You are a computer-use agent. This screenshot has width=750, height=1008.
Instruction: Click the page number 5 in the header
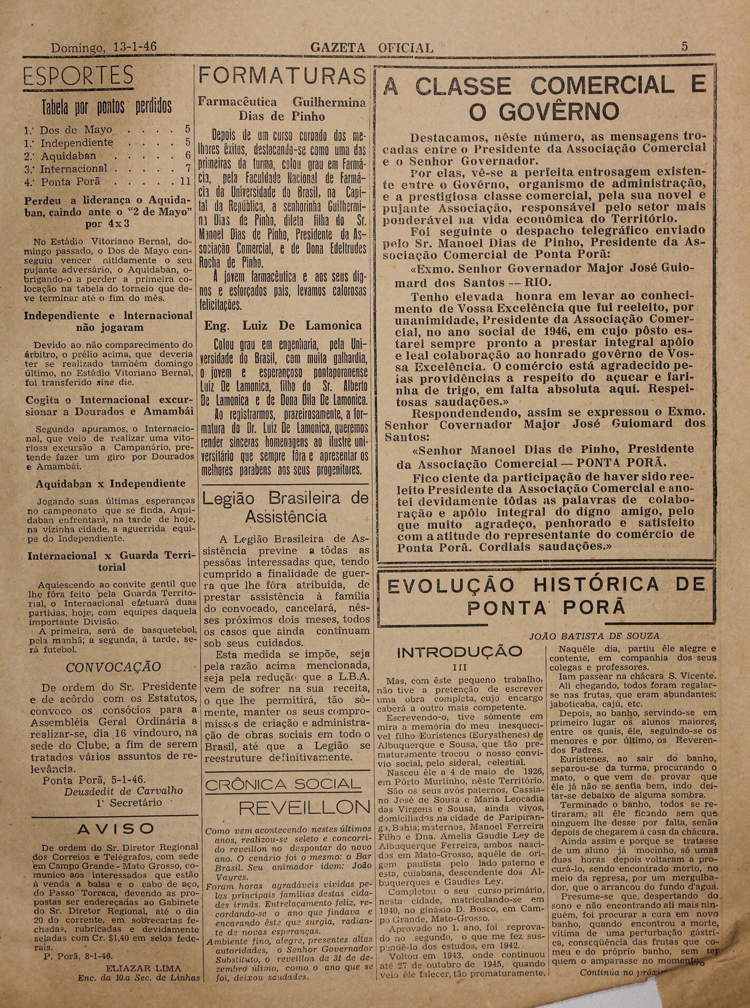tap(685, 46)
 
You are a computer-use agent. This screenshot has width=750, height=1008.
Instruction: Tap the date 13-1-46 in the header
tap(134, 47)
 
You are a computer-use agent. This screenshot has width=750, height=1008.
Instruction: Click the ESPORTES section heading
tap(78, 76)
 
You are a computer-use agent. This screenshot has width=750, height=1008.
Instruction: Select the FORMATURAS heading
tap(283, 77)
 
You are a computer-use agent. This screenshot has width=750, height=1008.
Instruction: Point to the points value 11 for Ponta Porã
tap(185, 182)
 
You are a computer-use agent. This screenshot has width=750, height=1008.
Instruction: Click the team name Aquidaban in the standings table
tap(69, 156)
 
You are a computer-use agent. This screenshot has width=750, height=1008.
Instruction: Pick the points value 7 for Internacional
tap(188, 169)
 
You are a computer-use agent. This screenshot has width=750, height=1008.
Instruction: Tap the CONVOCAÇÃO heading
tap(113, 667)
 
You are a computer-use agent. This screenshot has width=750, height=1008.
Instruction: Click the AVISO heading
tap(115, 829)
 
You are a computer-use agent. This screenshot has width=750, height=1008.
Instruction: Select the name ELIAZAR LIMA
tap(143, 968)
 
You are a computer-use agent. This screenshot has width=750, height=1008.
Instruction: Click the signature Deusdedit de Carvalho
tap(124, 791)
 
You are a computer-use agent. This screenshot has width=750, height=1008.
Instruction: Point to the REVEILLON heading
tap(304, 807)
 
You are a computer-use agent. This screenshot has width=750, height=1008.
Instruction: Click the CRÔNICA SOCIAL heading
tap(283, 785)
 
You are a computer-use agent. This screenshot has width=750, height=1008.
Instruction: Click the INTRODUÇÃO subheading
tap(459, 652)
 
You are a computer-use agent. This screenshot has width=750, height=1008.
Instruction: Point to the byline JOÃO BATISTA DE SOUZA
tap(594, 636)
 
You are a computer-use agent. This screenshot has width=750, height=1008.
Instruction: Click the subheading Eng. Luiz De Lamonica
tap(283, 325)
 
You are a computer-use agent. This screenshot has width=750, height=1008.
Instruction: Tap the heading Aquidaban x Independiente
tap(111, 484)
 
